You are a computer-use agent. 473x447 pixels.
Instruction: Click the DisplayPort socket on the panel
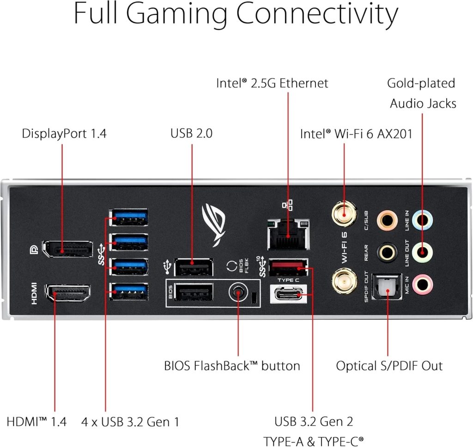[x=67, y=249]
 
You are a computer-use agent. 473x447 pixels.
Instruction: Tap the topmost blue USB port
[x=128, y=217]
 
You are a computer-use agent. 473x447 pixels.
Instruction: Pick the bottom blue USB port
[x=128, y=292]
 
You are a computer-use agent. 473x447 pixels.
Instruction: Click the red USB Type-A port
[x=288, y=268]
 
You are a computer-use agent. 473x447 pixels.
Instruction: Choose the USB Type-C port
[x=288, y=294]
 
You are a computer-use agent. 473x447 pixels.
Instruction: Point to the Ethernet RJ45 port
[x=288, y=234]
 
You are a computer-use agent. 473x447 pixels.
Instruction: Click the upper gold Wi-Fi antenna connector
[x=344, y=214]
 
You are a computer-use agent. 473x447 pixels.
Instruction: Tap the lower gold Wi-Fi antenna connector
[x=344, y=282]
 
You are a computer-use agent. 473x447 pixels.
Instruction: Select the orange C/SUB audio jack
[x=387, y=220]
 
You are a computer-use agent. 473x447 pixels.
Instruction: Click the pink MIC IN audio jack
[x=422, y=284]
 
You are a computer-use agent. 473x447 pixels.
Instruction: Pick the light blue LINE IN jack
[x=422, y=220]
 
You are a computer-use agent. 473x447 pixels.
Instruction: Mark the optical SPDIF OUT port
[x=387, y=287]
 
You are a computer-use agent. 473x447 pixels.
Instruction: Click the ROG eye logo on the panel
[x=213, y=224]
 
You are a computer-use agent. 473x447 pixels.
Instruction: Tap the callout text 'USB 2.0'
[x=191, y=133]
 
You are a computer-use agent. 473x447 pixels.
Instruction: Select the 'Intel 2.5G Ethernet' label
[x=272, y=83]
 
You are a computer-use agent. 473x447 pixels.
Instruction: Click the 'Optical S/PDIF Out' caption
[x=389, y=366]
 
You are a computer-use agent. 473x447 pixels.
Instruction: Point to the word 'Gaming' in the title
[x=176, y=14]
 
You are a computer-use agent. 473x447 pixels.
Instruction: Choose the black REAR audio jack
[x=387, y=252]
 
